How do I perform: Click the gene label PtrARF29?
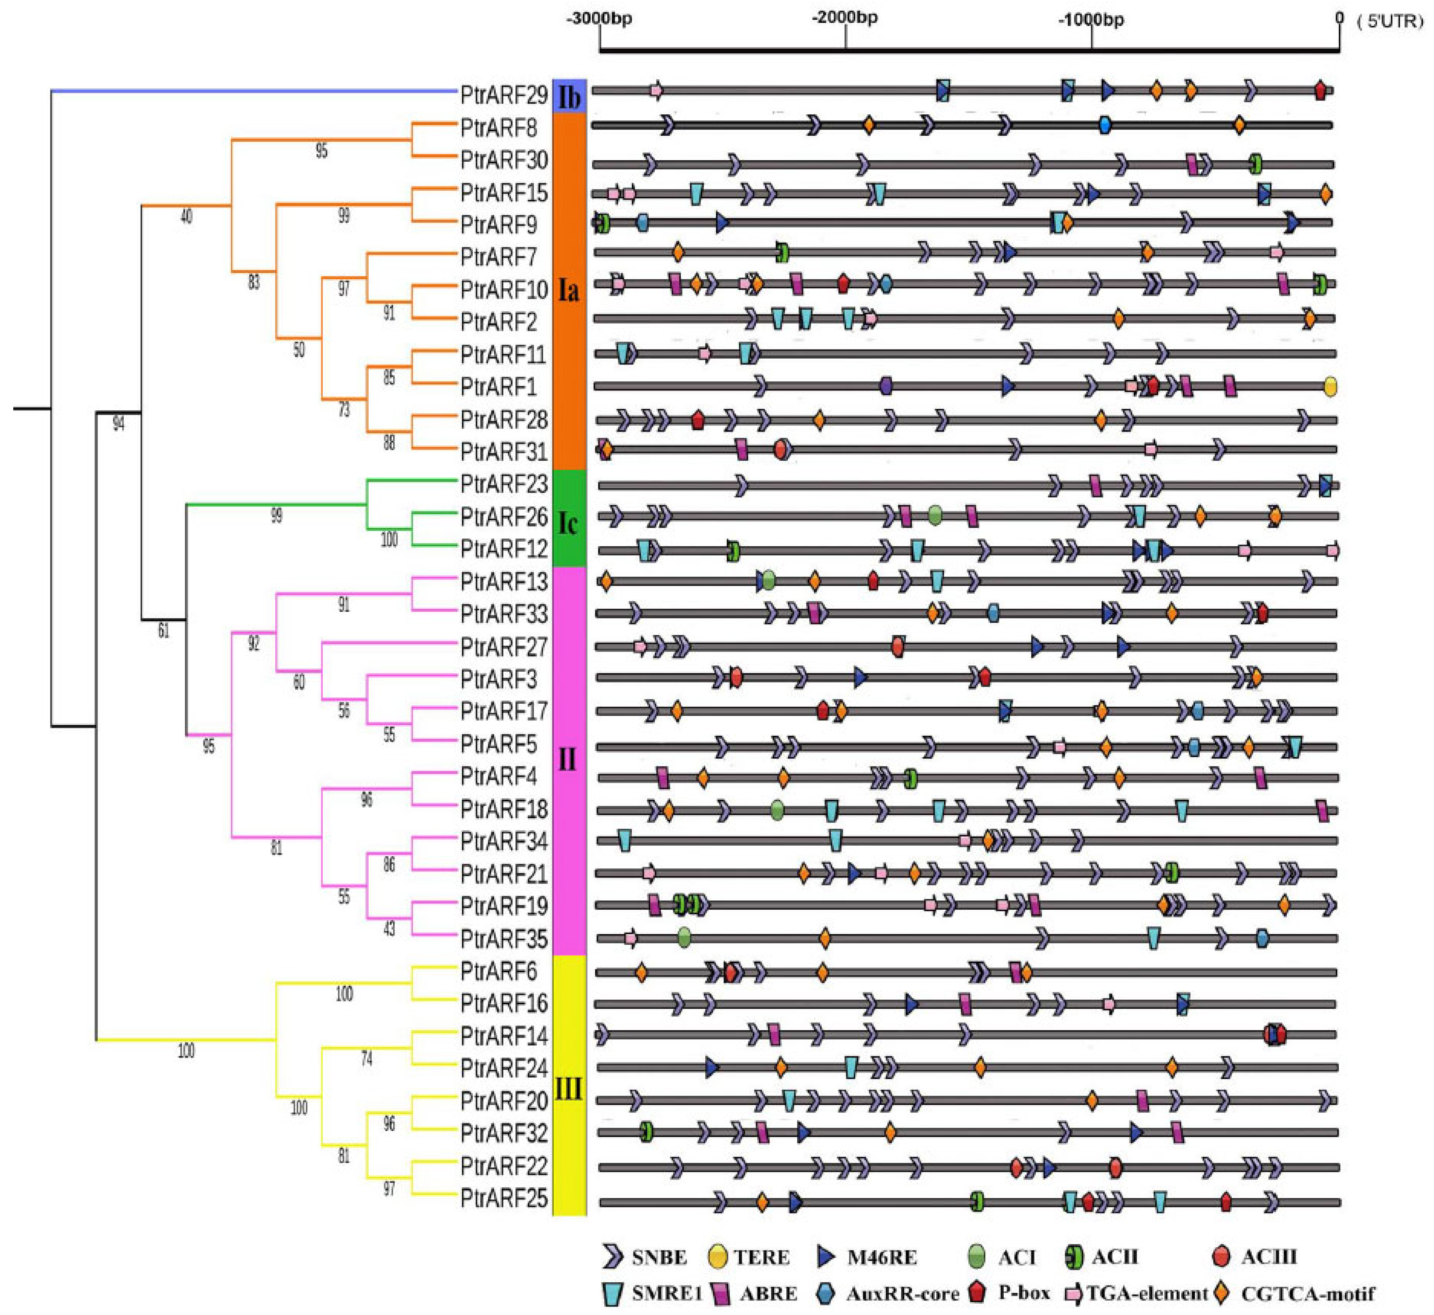pyautogui.click(x=504, y=95)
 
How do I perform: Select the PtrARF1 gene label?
pyautogui.click(x=498, y=387)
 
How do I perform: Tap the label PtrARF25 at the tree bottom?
pyautogui.click(x=504, y=1198)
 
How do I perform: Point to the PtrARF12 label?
pyautogui.click(x=504, y=548)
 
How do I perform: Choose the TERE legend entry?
pyautogui.click(x=749, y=1257)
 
